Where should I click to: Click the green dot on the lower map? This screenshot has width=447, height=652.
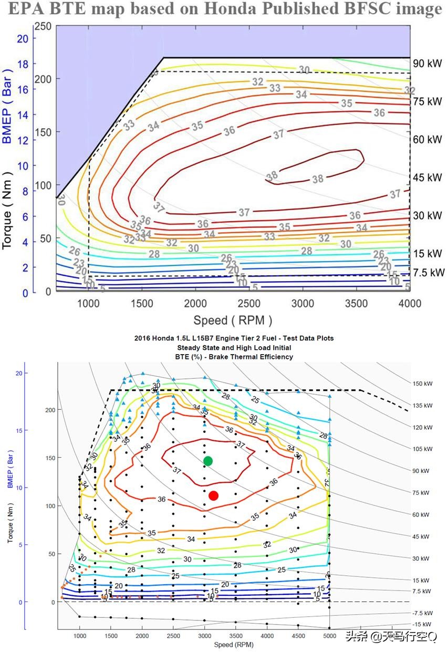(x=208, y=461)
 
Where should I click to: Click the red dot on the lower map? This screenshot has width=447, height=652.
(x=213, y=495)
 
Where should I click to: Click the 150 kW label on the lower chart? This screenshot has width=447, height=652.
(x=424, y=384)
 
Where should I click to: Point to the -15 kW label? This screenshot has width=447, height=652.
(x=423, y=624)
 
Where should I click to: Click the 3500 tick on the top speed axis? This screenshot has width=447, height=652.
(x=356, y=303)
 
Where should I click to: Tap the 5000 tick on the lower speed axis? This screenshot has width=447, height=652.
(x=329, y=636)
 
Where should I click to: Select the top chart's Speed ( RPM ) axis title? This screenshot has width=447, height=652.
(x=233, y=320)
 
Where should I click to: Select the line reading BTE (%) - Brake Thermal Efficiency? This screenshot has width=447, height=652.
(x=234, y=357)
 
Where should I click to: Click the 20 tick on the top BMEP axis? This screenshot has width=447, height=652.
(x=23, y=38)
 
